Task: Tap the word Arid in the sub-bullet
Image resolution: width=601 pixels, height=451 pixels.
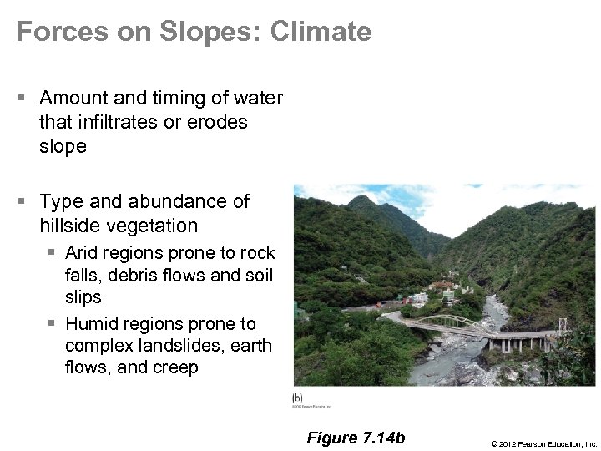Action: click(83, 252)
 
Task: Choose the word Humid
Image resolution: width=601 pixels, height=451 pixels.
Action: click(90, 323)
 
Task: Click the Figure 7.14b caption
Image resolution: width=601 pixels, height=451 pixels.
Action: click(356, 438)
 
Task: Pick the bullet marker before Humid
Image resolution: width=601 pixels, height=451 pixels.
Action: click(52, 323)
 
